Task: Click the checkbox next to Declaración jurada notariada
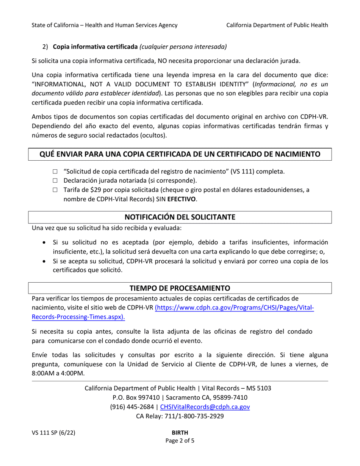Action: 55,181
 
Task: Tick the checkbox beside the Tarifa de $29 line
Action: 55,190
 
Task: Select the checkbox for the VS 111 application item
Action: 55,172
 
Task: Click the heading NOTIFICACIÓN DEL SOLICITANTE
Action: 180,217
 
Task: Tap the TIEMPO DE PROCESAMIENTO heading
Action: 180,288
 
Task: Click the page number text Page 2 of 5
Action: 180,441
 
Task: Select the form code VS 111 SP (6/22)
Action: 53,433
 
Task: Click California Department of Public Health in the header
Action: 277,25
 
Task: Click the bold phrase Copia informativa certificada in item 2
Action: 95,47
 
